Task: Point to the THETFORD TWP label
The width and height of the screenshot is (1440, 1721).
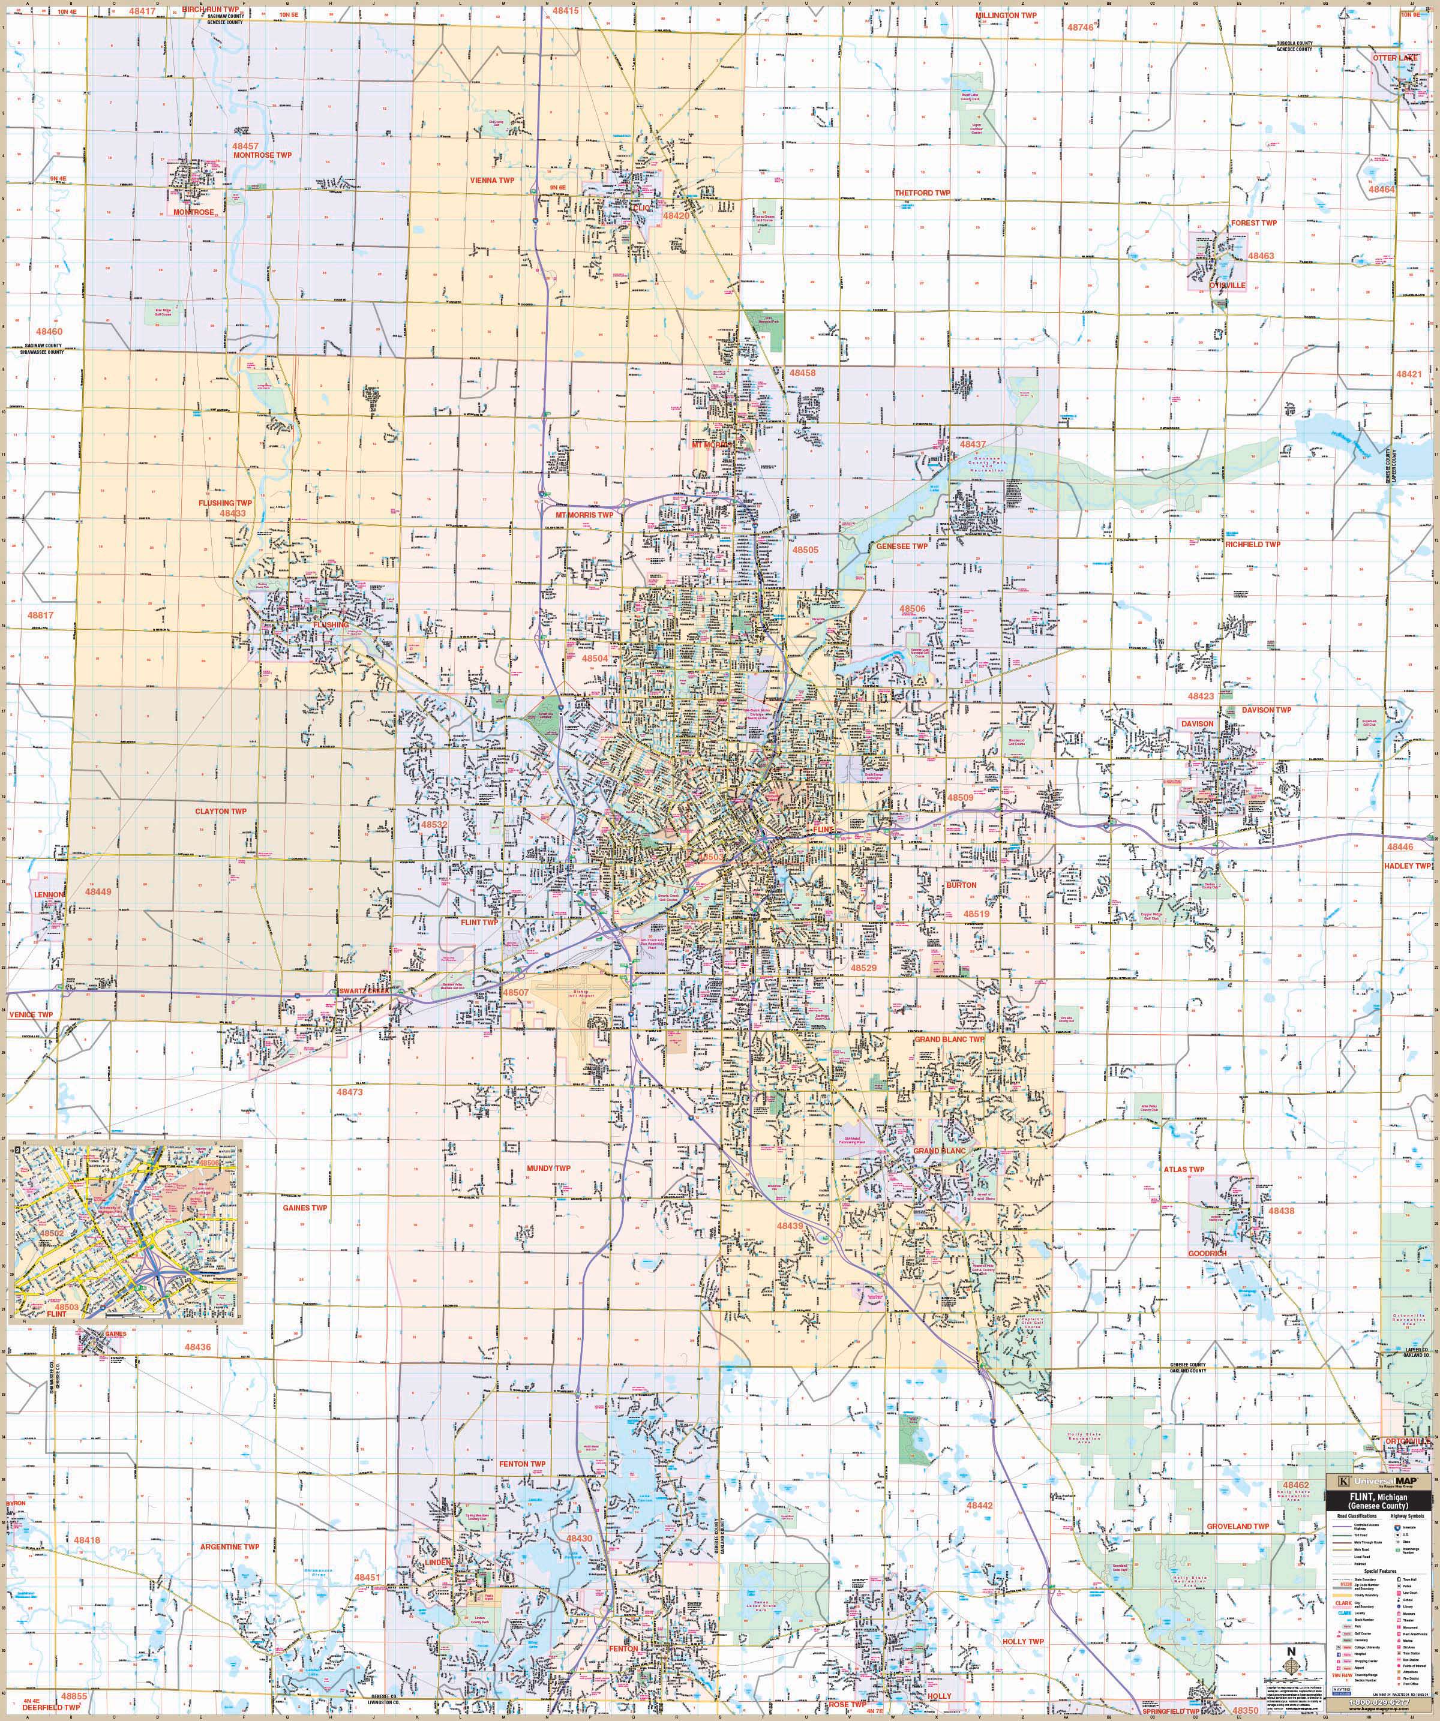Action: [922, 193]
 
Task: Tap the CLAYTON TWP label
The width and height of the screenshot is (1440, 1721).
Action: [220, 812]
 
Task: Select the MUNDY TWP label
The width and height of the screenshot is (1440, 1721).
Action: [548, 1169]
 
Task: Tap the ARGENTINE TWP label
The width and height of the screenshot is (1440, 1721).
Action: [229, 1546]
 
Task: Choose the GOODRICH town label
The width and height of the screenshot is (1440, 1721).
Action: [1207, 1254]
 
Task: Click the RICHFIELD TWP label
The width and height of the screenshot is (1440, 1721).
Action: [1252, 544]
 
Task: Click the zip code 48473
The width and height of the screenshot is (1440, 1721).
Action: [349, 1092]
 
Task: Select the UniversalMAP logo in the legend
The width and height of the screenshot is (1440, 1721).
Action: [1382, 1482]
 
